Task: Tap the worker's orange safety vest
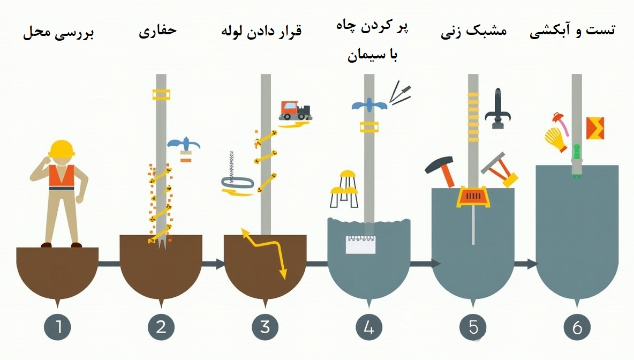point(61,176)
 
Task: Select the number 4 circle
point(368,326)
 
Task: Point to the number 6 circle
point(577,326)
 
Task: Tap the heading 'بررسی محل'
point(58,33)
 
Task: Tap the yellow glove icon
point(555,140)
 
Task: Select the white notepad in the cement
point(361,244)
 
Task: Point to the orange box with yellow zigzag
point(595,128)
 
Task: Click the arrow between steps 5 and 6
point(525,264)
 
